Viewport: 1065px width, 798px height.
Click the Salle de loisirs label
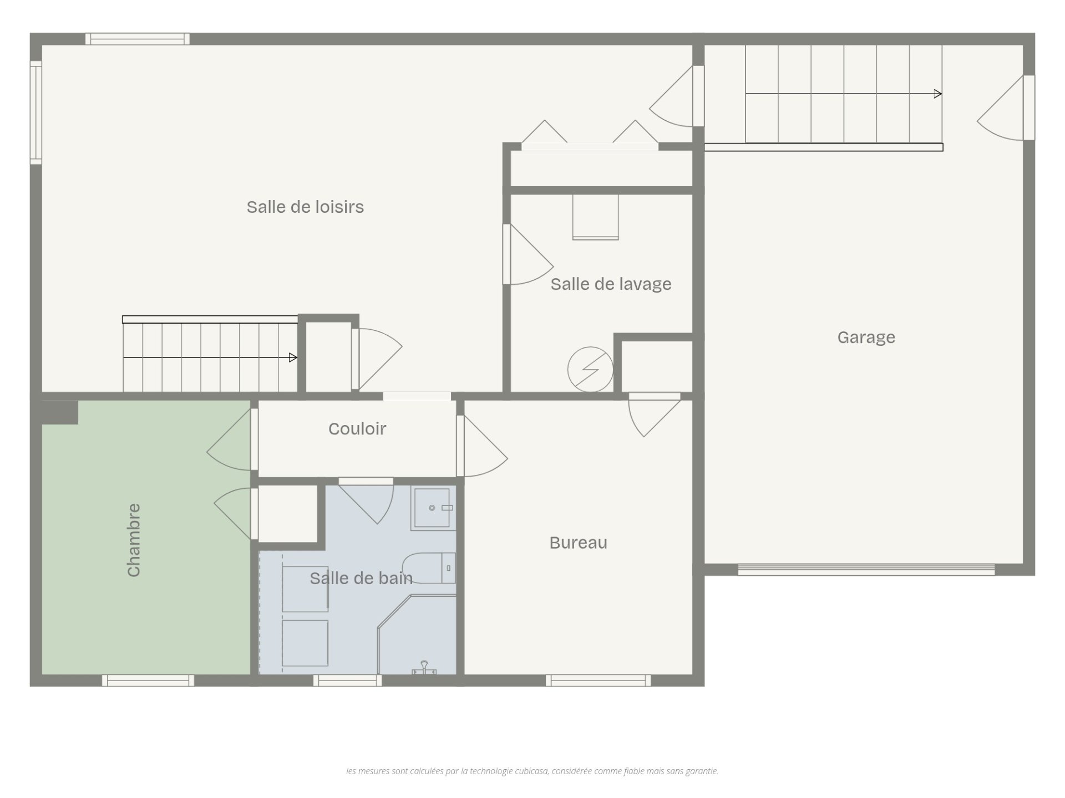(305, 207)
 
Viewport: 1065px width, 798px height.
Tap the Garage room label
(866, 337)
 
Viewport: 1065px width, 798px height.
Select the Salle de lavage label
(611, 284)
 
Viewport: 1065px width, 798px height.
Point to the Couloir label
(357, 428)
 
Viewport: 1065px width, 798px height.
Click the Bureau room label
(578, 543)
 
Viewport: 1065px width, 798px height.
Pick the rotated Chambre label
(134, 540)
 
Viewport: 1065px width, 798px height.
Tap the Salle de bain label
(361, 579)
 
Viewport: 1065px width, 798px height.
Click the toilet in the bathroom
(429, 567)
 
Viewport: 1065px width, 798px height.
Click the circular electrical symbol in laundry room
(590, 370)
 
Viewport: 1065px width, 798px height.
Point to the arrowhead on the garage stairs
(938, 94)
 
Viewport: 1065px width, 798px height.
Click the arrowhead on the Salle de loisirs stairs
(293, 358)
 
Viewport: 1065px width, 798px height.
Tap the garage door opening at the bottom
(866, 570)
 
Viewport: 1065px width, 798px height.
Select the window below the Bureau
(598, 681)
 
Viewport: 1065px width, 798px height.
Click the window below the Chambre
(148, 681)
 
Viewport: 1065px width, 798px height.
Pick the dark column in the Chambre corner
(60, 412)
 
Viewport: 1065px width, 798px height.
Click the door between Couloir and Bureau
(481, 446)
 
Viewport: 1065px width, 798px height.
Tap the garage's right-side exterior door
(1006, 108)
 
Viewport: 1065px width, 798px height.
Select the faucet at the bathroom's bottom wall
(424, 668)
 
